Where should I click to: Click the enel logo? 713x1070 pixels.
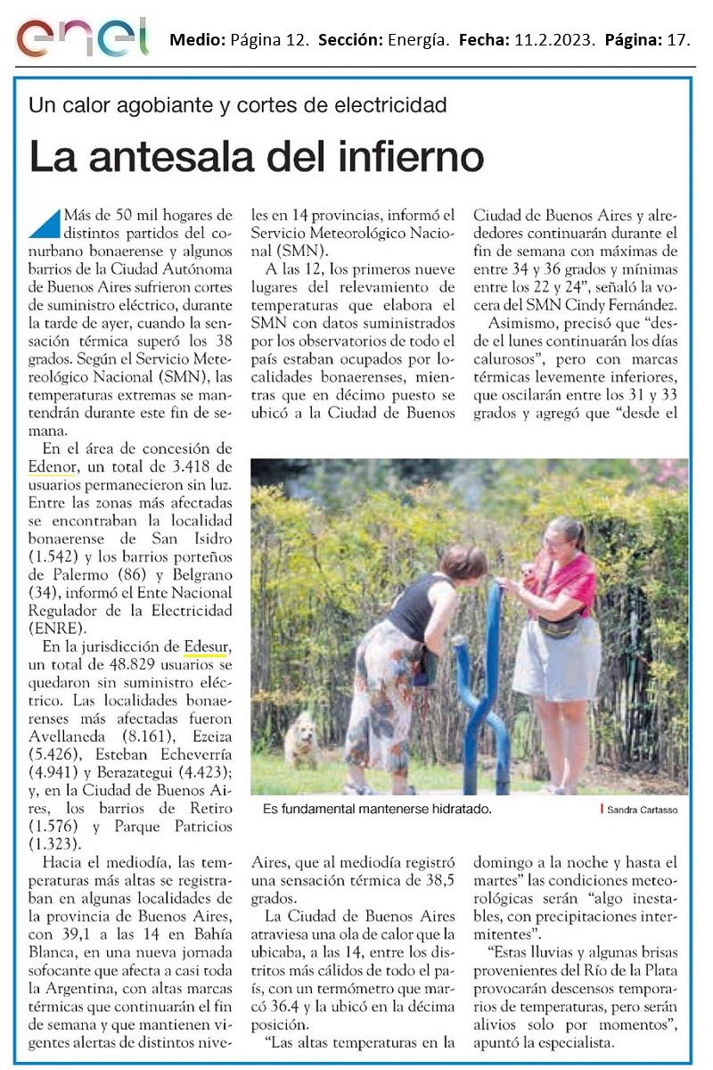82,37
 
